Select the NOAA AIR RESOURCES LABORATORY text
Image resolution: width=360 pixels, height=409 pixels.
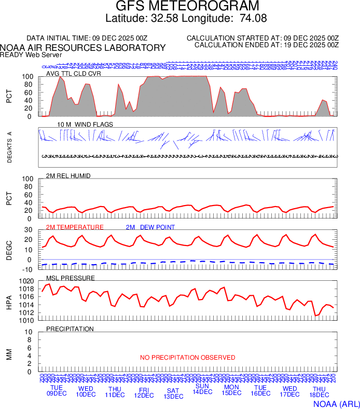(83, 48)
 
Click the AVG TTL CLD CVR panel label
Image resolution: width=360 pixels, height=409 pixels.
(74, 74)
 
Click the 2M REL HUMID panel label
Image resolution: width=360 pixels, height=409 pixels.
(68, 176)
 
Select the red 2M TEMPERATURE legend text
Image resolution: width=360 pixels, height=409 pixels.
(75, 227)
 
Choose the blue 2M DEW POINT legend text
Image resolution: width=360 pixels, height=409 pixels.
(150, 227)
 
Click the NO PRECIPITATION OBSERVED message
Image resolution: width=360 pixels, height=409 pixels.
(187, 358)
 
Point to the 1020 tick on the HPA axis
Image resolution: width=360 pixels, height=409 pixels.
(26, 281)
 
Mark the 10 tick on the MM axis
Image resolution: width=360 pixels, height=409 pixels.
(29, 332)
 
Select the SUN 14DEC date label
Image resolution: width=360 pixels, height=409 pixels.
(202, 389)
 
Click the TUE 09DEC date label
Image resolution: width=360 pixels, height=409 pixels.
(57, 391)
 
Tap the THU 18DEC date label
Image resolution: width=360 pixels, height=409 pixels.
(319, 392)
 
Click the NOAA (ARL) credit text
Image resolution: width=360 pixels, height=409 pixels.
(336, 403)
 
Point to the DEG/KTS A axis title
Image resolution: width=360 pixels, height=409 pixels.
(9, 147)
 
